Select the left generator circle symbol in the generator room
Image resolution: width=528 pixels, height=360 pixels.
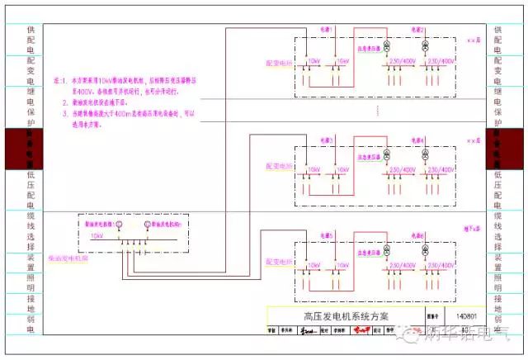117,224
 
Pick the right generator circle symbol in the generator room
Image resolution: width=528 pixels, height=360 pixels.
147,224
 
